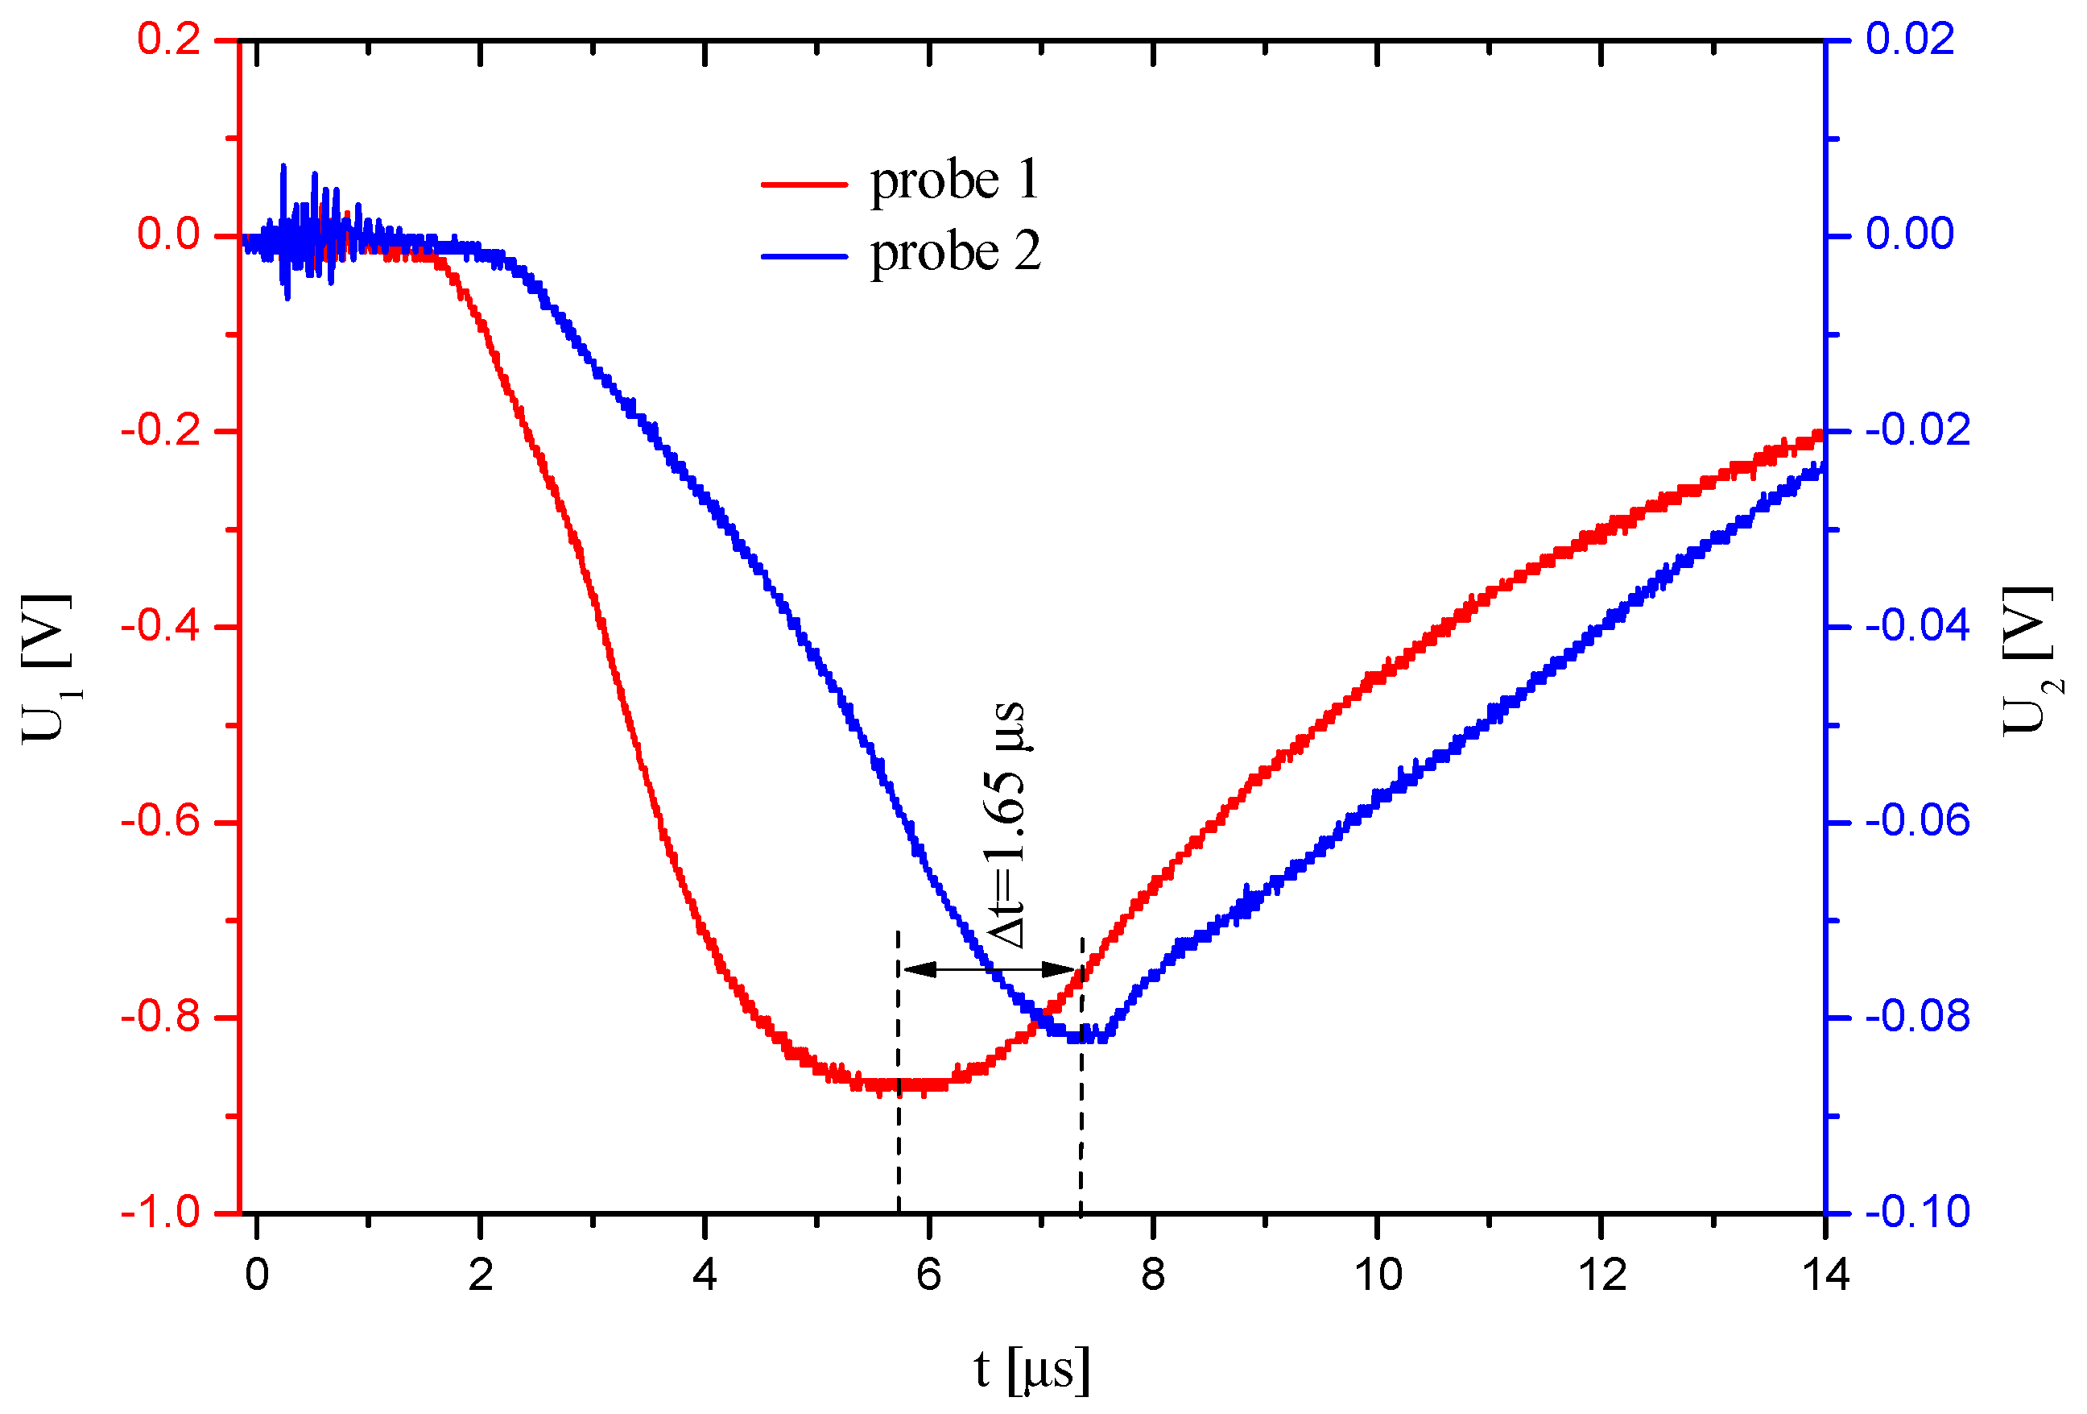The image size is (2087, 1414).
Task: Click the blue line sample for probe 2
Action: tap(804, 256)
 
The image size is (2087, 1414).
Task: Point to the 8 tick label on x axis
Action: tap(1152, 1275)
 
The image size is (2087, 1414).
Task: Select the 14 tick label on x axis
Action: tap(1825, 1275)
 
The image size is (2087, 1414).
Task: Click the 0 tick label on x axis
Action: tap(257, 1275)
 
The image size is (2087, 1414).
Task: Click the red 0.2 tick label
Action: tap(169, 39)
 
